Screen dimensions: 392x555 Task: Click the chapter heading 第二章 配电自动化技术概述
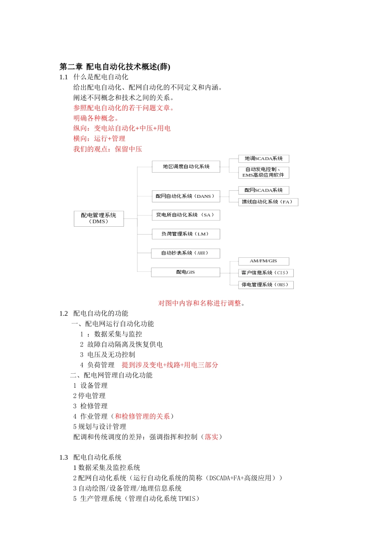pyautogui.click(x=115, y=66)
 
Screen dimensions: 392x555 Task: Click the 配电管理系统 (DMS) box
pyautogui.click(x=99, y=218)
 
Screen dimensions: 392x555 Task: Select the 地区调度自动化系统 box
pyautogui.click(x=186, y=166)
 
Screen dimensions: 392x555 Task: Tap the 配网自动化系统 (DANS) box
pyautogui.click(x=186, y=196)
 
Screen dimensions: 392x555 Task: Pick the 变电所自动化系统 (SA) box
pyautogui.click(x=186, y=215)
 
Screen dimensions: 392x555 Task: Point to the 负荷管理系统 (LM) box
pyautogui.click(x=186, y=234)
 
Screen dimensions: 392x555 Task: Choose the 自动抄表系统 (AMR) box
pyautogui.click(x=186, y=253)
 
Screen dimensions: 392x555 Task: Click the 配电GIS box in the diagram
pyautogui.click(x=185, y=272)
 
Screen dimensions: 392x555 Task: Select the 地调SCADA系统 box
pyautogui.click(x=264, y=159)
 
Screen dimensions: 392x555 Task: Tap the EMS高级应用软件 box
pyautogui.click(x=264, y=172)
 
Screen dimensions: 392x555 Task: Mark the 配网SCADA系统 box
pyautogui.click(x=264, y=190)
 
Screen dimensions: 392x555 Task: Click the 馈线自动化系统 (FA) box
pyautogui.click(x=268, y=202)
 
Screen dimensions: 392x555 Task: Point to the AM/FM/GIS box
pyautogui.click(x=264, y=261)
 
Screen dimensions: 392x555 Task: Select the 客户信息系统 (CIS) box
pyautogui.click(x=266, y=273)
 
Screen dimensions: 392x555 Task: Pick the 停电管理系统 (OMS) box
pyautogui.click(x=266, y=285)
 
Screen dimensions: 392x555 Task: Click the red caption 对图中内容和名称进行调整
pyautogui.click(x=201, y=303)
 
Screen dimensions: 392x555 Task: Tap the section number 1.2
pyautogui.click(x=64, y=313)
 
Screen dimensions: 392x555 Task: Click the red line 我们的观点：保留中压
pyautogui.click(x=108, y=149)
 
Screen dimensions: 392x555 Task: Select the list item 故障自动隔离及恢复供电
pyautogui.click(x=125, y=344)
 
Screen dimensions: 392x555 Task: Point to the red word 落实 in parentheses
pyautogui.click(x=211, y=437)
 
